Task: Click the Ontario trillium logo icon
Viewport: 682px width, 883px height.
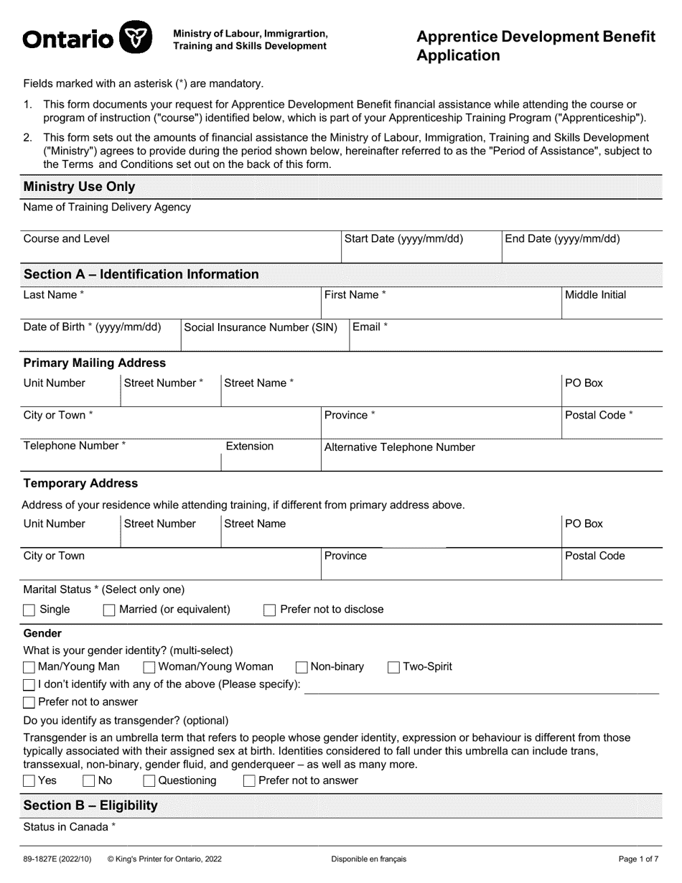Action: click(135, 37)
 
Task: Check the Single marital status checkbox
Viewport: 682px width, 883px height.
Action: click(29, 610)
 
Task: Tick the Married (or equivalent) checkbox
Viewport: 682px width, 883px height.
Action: click(109, 610)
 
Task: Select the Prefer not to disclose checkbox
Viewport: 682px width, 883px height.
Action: click(270, 610)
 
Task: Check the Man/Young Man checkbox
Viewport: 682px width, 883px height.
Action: click(29, 668)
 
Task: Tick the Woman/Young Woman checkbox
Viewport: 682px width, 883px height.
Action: click(149, 668)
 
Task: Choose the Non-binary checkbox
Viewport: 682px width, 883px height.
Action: click(302, 668)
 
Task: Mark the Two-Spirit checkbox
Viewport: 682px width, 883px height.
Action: click(393, 668)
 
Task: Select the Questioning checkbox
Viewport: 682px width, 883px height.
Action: click(149, 781)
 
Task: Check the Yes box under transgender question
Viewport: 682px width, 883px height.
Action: click(29, 781)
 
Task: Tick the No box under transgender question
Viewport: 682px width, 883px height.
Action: click(89, 781)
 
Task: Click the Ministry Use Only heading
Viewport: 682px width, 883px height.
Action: click(79, 187)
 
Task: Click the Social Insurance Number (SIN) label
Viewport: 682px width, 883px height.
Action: click(261, 327)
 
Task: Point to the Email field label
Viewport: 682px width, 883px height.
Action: click(370, 327)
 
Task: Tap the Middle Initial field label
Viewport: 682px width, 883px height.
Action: click(595, 295)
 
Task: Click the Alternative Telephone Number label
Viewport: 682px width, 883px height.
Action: click(399, 447)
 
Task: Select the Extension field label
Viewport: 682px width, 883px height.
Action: click(249, 447)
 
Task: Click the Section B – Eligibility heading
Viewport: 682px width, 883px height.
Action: click(90, 805)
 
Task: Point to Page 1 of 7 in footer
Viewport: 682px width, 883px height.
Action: click(638, 859)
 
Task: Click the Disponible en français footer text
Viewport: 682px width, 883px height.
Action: click(368, 859)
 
